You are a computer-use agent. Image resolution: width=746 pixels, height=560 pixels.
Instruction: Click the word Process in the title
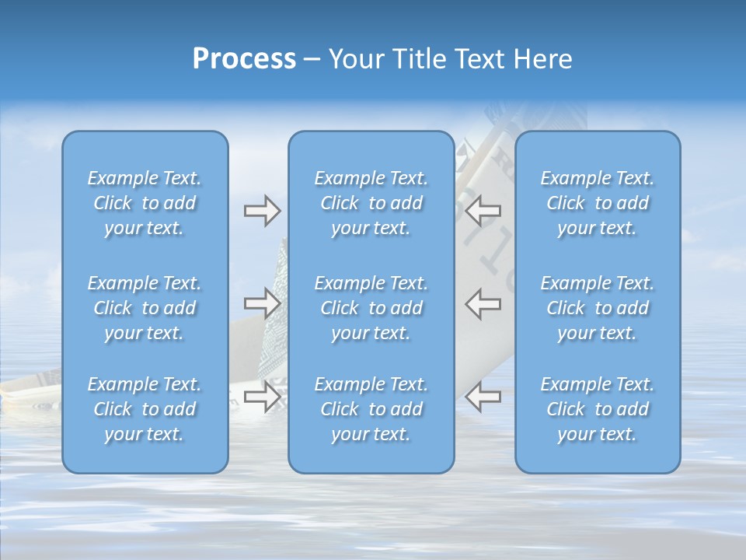click(244, 59)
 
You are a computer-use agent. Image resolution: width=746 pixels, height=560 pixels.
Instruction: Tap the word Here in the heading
click(542, 59)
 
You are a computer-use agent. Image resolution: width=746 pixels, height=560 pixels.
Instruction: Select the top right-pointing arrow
click(262, 211)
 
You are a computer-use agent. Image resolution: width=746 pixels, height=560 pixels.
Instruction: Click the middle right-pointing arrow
click(262, 303)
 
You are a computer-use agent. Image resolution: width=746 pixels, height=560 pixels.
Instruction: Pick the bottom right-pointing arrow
click(262, 396)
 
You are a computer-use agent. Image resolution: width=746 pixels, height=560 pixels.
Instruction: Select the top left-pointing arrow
click(483, 211)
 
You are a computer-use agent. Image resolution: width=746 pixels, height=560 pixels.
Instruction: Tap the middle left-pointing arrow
click(483, 303)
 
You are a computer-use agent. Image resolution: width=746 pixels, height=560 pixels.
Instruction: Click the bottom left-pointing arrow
click(483, 396)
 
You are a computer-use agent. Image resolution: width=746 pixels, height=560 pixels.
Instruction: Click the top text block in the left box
click(145, 203)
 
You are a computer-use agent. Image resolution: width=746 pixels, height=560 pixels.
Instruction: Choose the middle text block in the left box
click(145, 308)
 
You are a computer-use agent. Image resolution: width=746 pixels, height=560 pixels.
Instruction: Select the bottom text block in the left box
click(145, 409)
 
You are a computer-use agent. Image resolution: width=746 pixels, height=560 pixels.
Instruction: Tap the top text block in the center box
click(371, 203)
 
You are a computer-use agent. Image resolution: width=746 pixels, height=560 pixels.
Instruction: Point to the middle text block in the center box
click(371, 308)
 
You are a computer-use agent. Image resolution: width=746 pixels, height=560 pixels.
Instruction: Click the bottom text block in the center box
click(371, 409)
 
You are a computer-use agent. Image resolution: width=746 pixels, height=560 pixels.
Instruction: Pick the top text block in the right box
click(598, 203)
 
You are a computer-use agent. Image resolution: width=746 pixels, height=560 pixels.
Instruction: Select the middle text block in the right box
click(598, 308)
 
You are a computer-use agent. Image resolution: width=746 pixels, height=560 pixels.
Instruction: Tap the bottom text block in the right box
click(598, 409)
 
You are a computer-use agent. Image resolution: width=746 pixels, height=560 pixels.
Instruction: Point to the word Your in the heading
click(354, 59)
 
